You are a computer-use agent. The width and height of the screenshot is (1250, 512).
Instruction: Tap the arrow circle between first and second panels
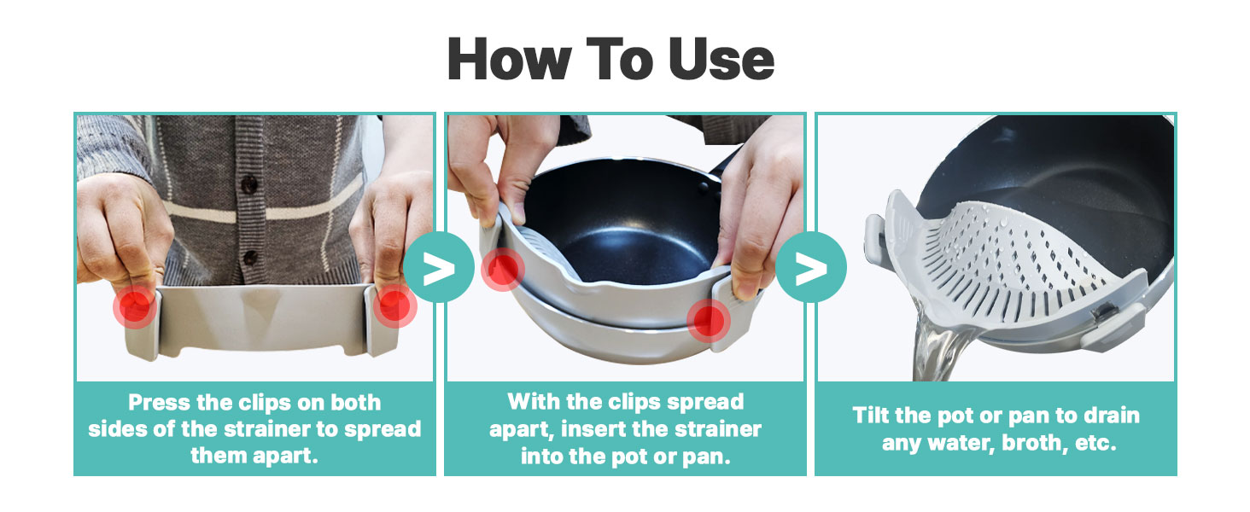439,267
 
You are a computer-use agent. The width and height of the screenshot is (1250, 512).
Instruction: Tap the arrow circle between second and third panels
811,267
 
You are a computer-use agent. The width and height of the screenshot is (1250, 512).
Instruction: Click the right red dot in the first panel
394,306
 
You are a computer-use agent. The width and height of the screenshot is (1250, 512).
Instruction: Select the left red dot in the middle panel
502,269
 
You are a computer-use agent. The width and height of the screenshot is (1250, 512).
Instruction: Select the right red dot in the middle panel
709,320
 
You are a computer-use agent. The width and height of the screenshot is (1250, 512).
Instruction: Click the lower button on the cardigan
250,257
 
